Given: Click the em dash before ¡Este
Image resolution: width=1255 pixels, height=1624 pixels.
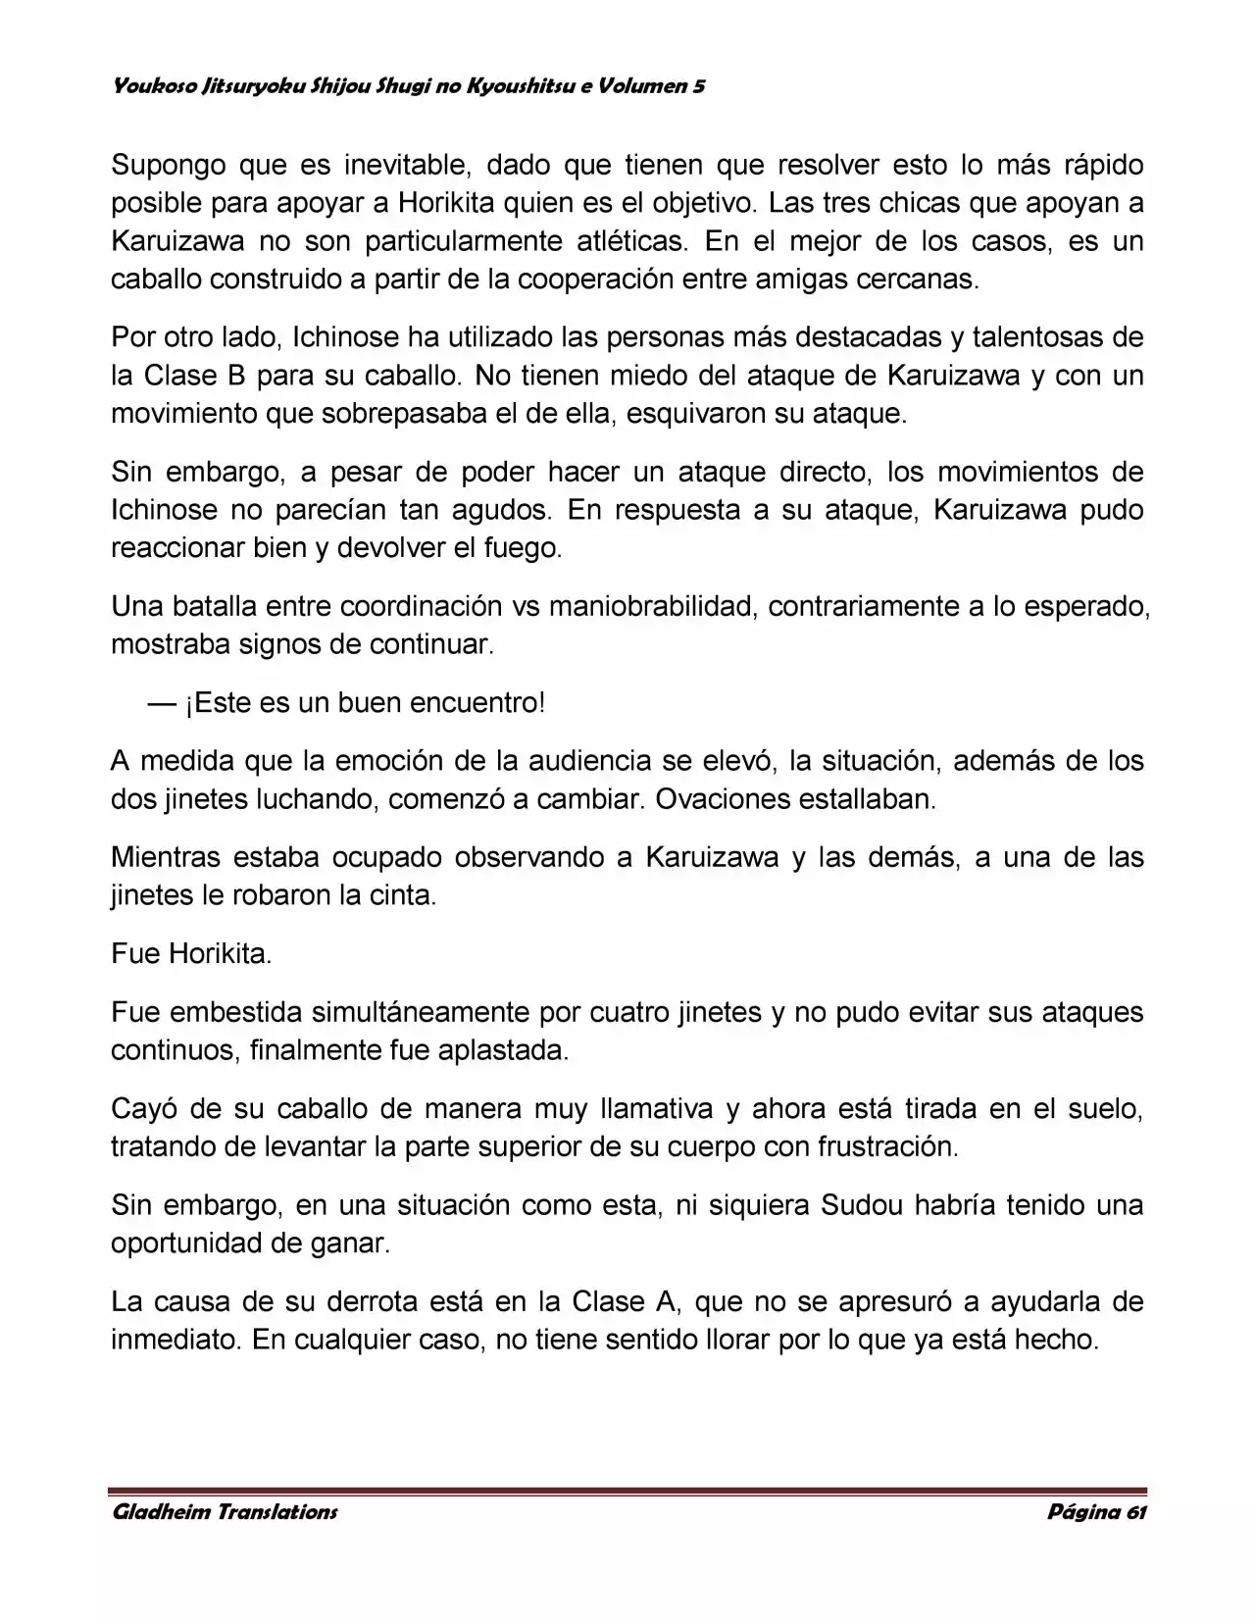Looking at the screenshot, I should click(163, 703).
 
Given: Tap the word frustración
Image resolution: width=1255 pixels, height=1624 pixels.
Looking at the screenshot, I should click(886, 1146).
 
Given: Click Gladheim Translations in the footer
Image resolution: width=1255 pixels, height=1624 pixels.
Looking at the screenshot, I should click(225, 1511).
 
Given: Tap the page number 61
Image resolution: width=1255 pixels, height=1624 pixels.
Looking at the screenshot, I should click(1135, 1511).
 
